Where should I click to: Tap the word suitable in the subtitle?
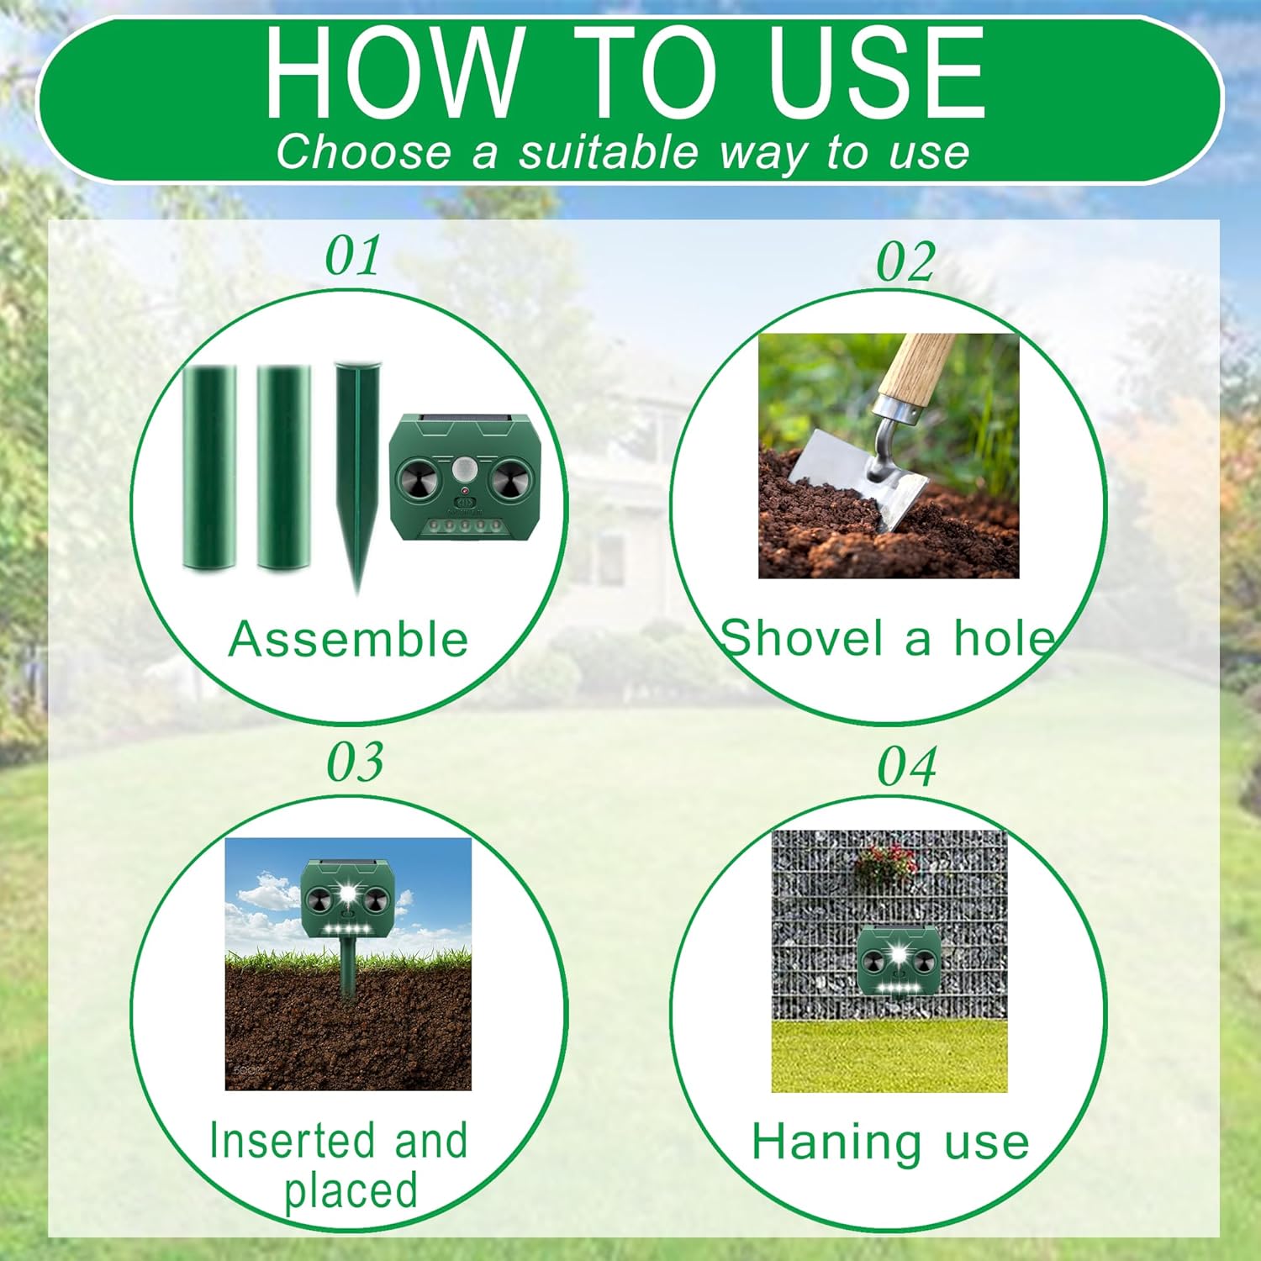point(608,152)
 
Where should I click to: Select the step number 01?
point(353,256)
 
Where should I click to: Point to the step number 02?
point(905,261)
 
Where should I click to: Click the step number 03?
point(355,762)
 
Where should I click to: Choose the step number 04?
point(907,767)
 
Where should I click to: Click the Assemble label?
point(348,639)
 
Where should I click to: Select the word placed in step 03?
point(351,1191)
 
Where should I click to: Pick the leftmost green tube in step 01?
point(209,467)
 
